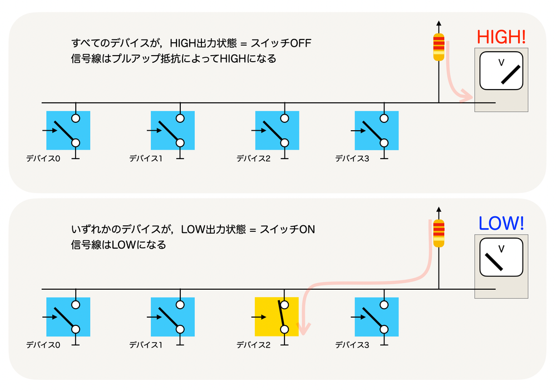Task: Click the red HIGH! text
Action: click(501, 37)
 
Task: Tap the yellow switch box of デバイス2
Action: click(277, 316)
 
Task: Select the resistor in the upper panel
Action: click(439, 48)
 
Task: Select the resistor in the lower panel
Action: click(439, 234)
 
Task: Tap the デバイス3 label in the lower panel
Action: click(352, 345)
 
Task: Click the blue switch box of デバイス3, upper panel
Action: click(377, 131)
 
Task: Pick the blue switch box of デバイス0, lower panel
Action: click(68, 316)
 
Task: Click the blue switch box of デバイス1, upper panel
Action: click(173, 131)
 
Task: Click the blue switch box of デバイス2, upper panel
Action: click(277, 131)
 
